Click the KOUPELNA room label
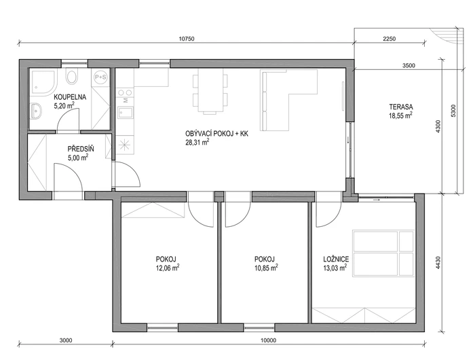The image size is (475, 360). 70,97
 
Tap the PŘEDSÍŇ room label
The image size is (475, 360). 81,149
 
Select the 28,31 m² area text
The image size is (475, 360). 197,142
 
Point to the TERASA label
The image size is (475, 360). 401,107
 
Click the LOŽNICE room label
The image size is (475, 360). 336,259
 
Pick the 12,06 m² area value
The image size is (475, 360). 167,268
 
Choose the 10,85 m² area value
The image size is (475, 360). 266,268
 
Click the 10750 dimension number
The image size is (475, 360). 187,39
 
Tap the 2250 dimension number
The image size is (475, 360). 389,39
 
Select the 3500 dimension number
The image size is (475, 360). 408,65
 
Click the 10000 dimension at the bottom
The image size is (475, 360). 268,340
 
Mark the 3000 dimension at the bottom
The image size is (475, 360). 66,340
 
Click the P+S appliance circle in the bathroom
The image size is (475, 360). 100,77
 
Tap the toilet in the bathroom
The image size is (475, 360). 72,76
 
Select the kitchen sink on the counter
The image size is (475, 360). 126,112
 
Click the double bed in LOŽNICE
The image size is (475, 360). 383,253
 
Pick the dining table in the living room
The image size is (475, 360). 210,91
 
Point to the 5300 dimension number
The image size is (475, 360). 453,111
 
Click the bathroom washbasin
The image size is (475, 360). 36,110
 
